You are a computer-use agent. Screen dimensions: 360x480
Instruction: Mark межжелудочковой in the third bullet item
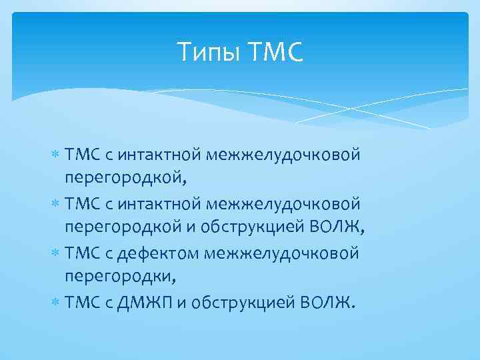(x=283, y=254)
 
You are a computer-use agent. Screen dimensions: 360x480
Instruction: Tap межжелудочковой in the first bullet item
(x=284, y=155)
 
